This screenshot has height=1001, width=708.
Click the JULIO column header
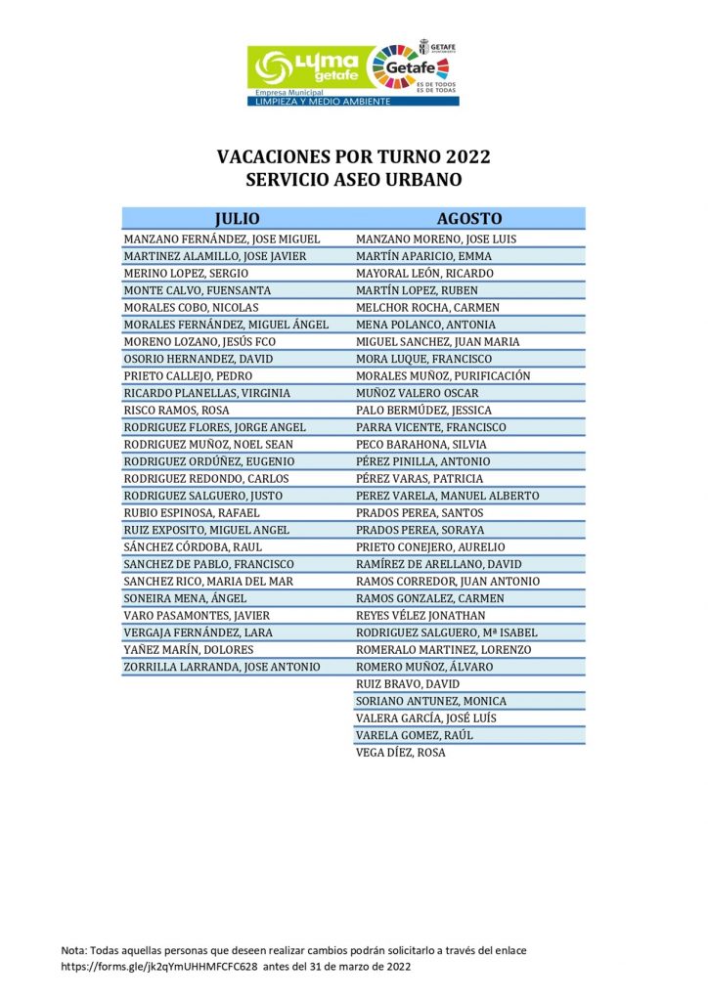pyautogui.click(x=237, y=219)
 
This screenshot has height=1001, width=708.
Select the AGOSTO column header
pyautogui.click(x=469, y=219)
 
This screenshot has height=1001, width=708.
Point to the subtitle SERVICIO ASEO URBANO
pyautogui.click(x=353, y=181)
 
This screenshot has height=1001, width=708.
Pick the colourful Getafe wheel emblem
pyautogui.click(x=402, y=67)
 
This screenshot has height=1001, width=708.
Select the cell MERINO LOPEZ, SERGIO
pyautogui.click(x=186, y=274)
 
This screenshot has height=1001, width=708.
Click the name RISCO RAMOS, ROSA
pyautogui.click(x=176, y=411)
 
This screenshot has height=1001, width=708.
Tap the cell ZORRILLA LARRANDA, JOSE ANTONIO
pyautogui.click(x=222, y=667)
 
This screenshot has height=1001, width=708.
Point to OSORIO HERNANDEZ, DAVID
pyautogui.click(x=199, y=359)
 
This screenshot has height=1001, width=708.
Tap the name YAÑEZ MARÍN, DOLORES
pyautogui.click(x=189, y=650)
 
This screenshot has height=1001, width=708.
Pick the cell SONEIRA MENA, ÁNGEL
pyautogui.click(x=185, y=598)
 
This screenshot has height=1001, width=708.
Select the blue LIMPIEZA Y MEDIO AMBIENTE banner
pyautogui.click(x=322, y=101)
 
